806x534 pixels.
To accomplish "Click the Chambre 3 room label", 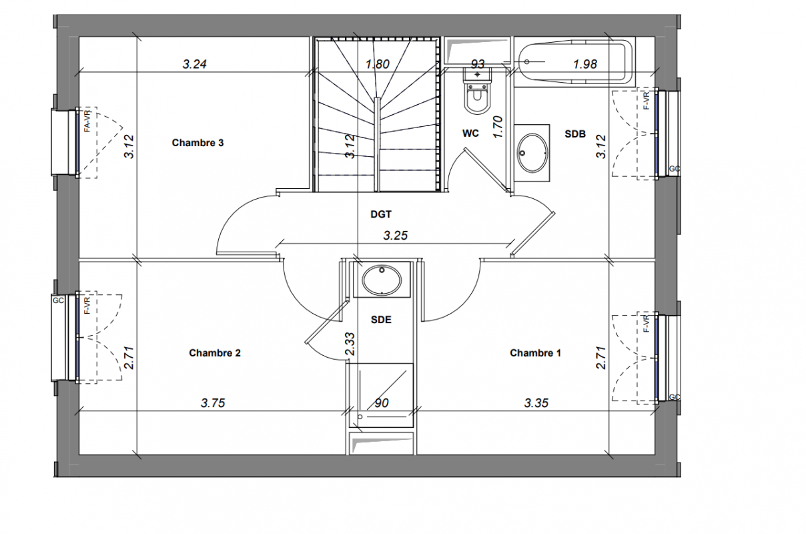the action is [197, 143].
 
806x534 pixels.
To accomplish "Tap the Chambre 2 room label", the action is [215, 353].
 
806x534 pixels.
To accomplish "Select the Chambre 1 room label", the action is [535, 353].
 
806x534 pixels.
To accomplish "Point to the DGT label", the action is [381, 214].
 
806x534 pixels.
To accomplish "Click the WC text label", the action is [470, 133].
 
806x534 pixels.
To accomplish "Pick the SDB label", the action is [575, 134].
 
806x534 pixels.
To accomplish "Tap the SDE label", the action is [381, 320].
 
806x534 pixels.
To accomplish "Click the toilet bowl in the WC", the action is [478, 98].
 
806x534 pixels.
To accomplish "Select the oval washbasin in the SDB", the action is [532, 153].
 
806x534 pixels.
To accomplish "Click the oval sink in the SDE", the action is [382, 280].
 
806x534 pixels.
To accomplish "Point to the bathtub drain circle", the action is [527, 62].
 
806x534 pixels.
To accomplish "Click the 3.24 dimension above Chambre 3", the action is [195, 64].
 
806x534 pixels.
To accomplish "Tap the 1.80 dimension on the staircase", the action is [378, 64].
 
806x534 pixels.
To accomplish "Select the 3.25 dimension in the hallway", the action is [396, 236].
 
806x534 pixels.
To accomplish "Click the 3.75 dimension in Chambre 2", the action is [213, 403].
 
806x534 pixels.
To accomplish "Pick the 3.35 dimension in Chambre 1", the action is [536, 403].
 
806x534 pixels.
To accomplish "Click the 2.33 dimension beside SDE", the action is [350, 344].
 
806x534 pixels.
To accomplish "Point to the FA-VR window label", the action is [87, 121].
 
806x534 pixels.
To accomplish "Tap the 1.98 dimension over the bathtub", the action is [585, 64].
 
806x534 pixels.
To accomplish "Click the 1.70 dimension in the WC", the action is [497, 127].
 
